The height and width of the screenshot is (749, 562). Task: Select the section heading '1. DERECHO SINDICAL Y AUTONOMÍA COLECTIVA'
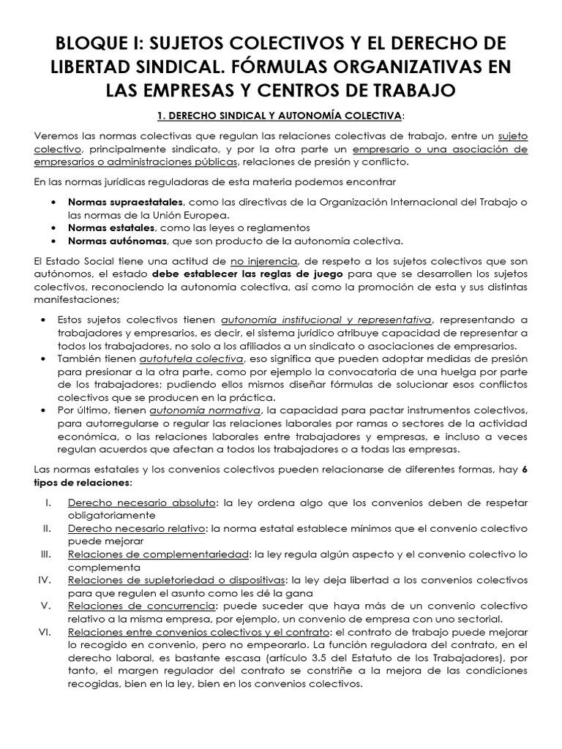[x=280, y=116]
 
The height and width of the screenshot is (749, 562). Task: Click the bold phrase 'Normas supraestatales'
[x=126, y=202]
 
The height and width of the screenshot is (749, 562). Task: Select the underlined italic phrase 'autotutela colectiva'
[x=202, y=359]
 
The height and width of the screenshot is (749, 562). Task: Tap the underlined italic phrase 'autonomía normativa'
[x=212, y=411]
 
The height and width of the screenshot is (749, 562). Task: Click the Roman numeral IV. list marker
[x=45, y=580]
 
